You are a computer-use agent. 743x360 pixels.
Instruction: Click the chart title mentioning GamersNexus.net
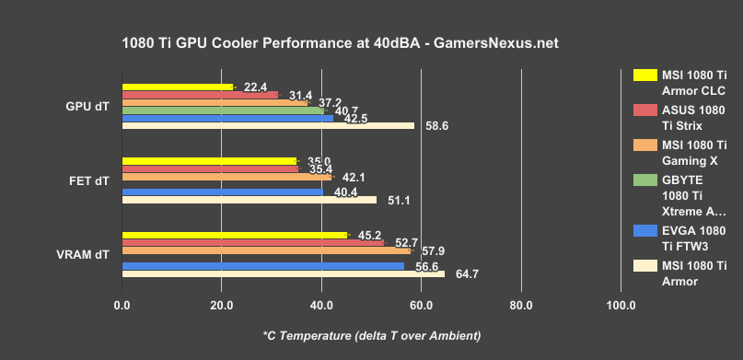339,43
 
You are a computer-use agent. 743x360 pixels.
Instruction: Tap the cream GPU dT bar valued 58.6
268,125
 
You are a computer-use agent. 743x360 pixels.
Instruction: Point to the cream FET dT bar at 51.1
249,200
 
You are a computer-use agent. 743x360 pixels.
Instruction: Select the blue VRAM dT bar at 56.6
262,266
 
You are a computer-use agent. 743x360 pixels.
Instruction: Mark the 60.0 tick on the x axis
421,306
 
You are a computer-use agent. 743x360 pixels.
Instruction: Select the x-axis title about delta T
371,334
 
